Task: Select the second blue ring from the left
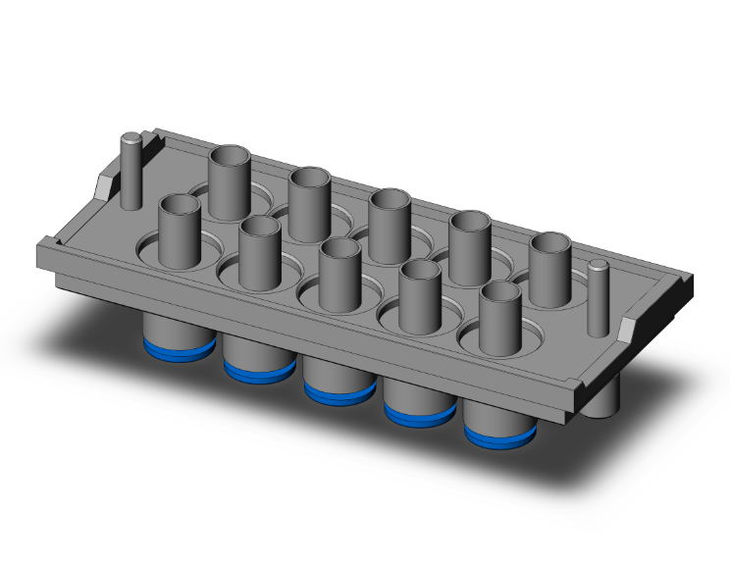pos(259,370)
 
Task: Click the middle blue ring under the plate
pos(339,391)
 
